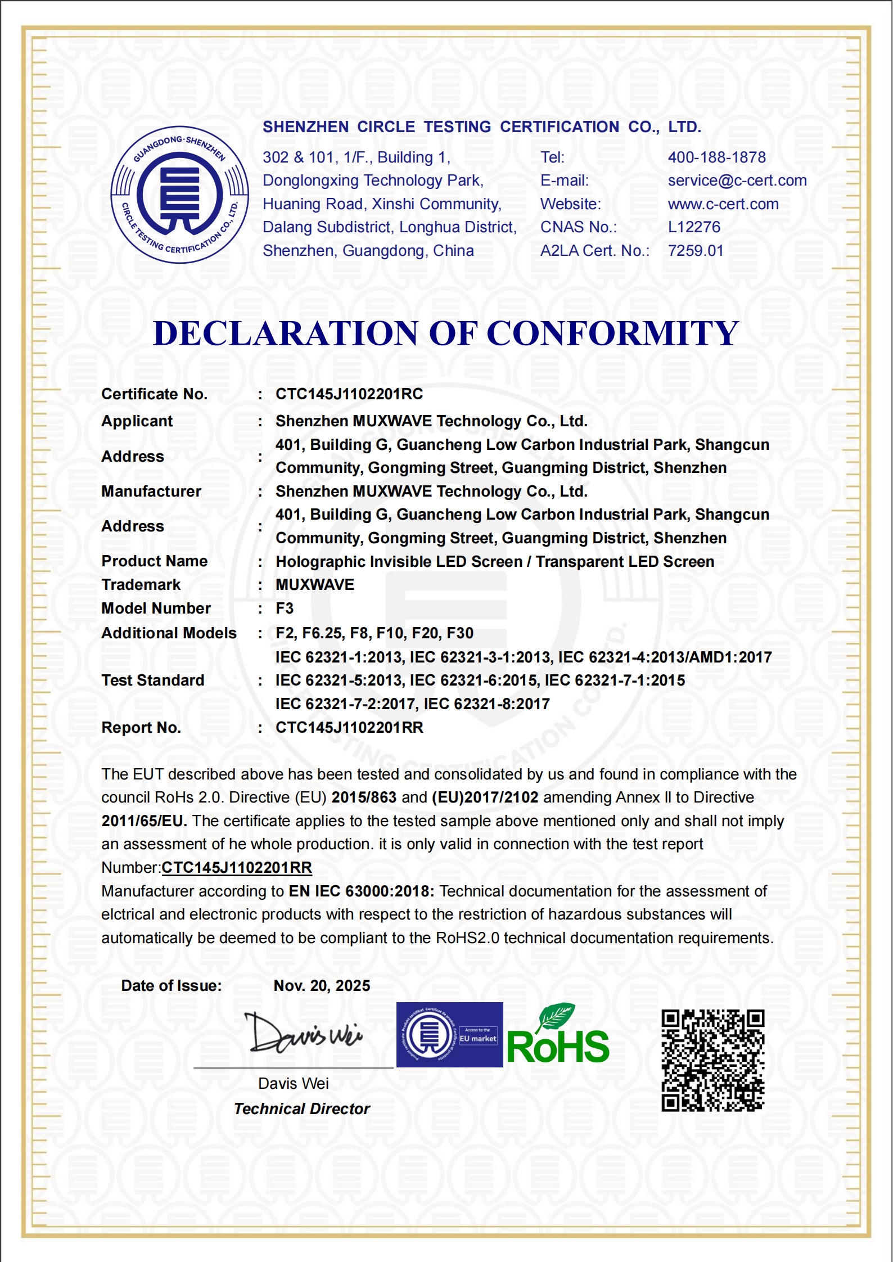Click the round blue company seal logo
click(179, 195)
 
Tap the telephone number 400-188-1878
click(716, 157)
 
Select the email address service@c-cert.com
click(737, 181)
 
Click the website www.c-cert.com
click(723, 204)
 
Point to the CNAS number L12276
click(694, 227)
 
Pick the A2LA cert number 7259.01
click(696, 251)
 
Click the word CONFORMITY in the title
click(612, 333)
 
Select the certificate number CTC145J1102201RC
click(349, 394)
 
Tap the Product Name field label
click(155, 561)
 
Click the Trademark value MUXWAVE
click(315, 585)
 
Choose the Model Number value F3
click(285, 609)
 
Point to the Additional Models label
click(169, 633)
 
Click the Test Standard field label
click(153, 680)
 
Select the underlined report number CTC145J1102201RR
click(237, 868)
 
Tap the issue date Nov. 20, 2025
click(322, 986)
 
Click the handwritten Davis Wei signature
click(303, 1034)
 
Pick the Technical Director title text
click(302, 1109)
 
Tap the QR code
click(712, 1061)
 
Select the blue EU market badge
click(449, 1035)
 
